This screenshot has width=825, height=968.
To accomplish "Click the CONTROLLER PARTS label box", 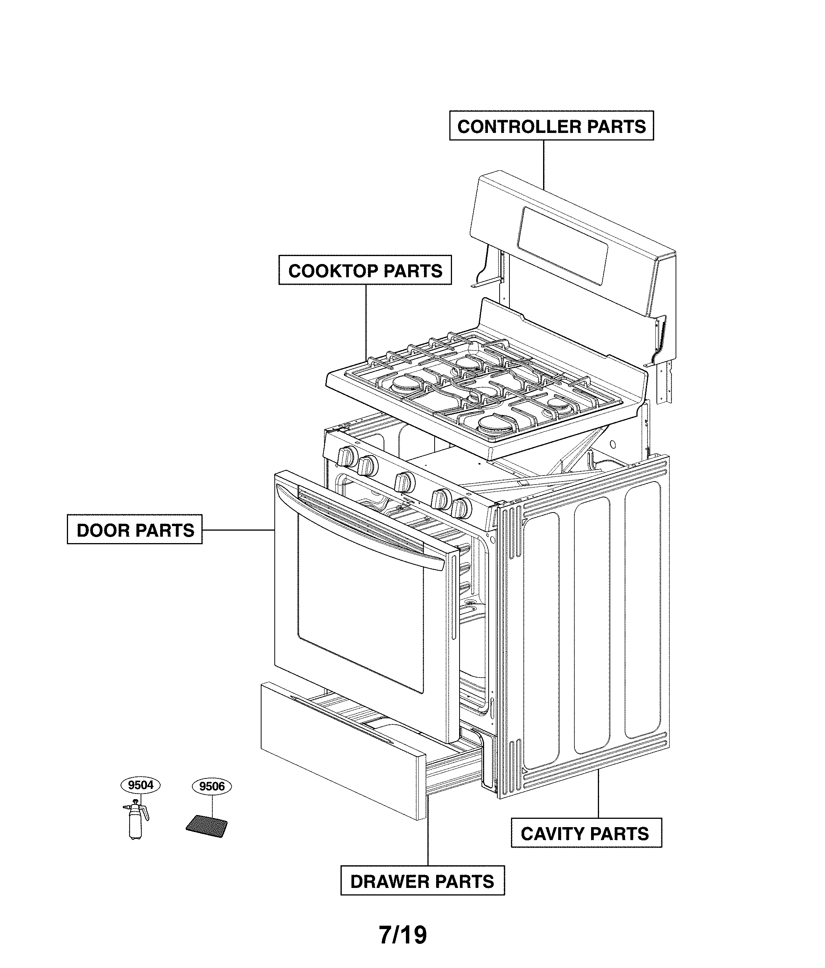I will pos(551,126).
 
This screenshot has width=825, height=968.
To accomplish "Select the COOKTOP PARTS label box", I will pos(365,270).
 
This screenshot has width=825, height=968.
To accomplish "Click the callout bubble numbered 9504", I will pos(140,784).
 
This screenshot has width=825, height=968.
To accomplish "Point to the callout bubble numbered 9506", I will pos(212,786).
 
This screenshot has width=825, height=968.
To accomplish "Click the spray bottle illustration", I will pos(135,820).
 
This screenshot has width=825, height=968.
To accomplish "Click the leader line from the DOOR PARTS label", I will pos(238,530).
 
